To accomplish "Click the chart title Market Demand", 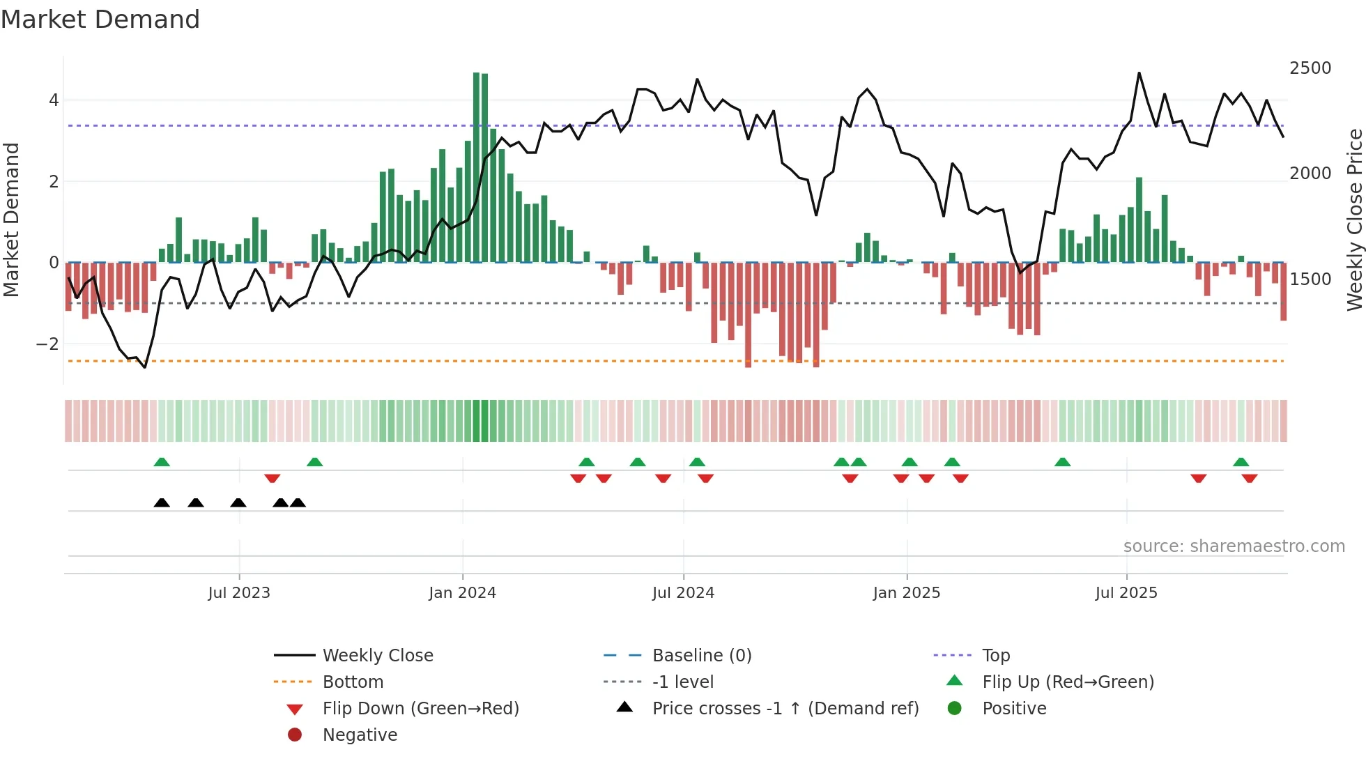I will click(100, 20).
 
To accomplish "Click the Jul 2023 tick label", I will click(239, 593).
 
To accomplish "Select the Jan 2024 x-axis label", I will click(462, 593).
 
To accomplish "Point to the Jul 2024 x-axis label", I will click(683, 593).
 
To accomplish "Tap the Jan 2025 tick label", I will click(906, 593).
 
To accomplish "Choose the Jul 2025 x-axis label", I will click(1126, 593).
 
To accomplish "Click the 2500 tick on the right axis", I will click(1310, 68).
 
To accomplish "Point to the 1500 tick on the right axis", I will click(1310, 279).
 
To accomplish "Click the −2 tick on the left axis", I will click(47, 344).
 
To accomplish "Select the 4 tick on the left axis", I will click(54, 100).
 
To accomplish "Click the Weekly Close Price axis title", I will click(1354, 220).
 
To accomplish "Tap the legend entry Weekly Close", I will click(377, 656).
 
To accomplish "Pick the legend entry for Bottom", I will click(353, 682).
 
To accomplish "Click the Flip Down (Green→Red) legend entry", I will click(420, 709).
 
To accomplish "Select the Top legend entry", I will click(996, 656).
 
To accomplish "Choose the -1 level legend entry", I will click(682, 682).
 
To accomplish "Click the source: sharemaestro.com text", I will click(1234, 546).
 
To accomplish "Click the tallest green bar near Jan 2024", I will click(477, 167).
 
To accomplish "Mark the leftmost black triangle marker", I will click(162, 503).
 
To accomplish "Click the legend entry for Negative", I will click(360, 735).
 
